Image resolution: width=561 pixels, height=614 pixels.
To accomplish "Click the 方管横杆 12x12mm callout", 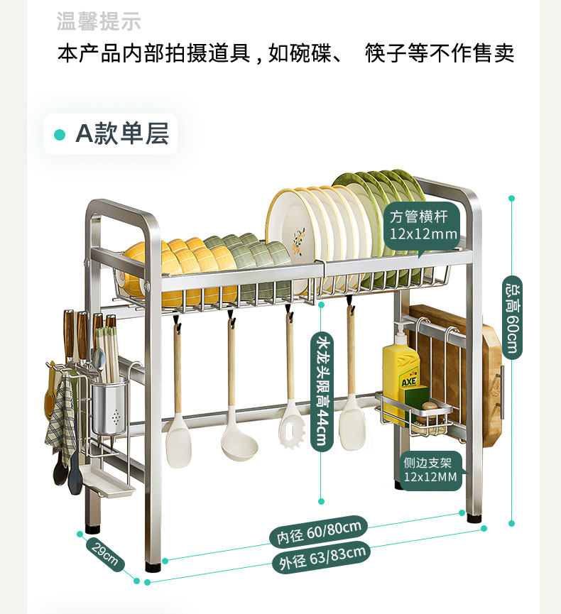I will point(423,225).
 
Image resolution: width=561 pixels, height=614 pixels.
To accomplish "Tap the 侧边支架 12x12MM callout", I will point(430,469).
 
